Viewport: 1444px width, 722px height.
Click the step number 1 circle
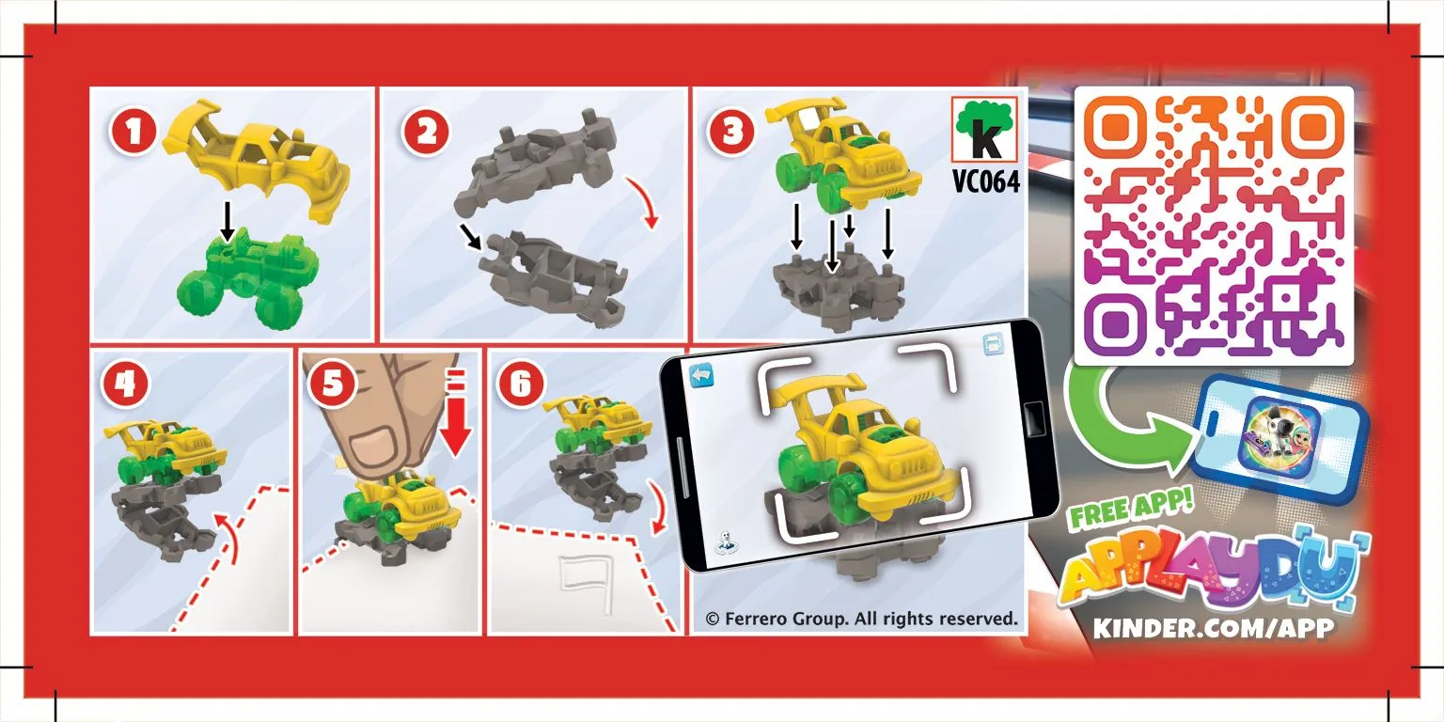pos(133,132)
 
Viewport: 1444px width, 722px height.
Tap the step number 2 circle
pos(426,133)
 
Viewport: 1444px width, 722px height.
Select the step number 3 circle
pos(732,132)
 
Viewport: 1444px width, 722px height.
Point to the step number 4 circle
pos(125,385)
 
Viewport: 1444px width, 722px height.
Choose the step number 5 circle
pos(332,385)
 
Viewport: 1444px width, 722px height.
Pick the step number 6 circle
pos(521,385)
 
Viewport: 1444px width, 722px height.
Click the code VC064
pos(985,181)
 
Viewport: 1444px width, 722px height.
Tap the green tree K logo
pos(984,129)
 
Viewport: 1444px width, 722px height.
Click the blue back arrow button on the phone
pos(701,376)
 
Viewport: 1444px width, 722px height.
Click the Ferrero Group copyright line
pos(861,619)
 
